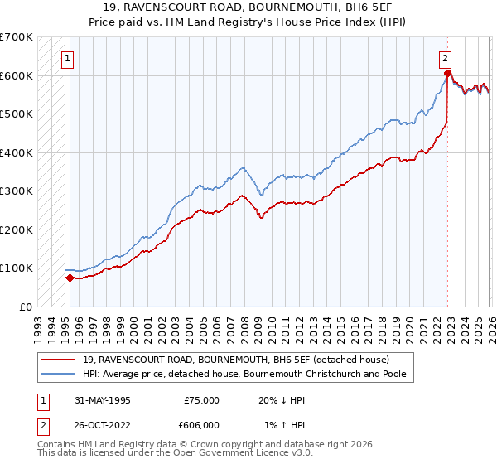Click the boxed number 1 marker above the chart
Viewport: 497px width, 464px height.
point(66,58)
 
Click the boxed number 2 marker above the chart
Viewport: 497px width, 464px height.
point(446,58)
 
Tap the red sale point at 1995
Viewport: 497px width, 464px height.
point(70,278)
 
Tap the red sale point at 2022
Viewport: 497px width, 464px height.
point(446,74)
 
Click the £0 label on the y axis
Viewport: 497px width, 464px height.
point(26,307)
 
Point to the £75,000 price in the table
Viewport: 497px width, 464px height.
point(201,399)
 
